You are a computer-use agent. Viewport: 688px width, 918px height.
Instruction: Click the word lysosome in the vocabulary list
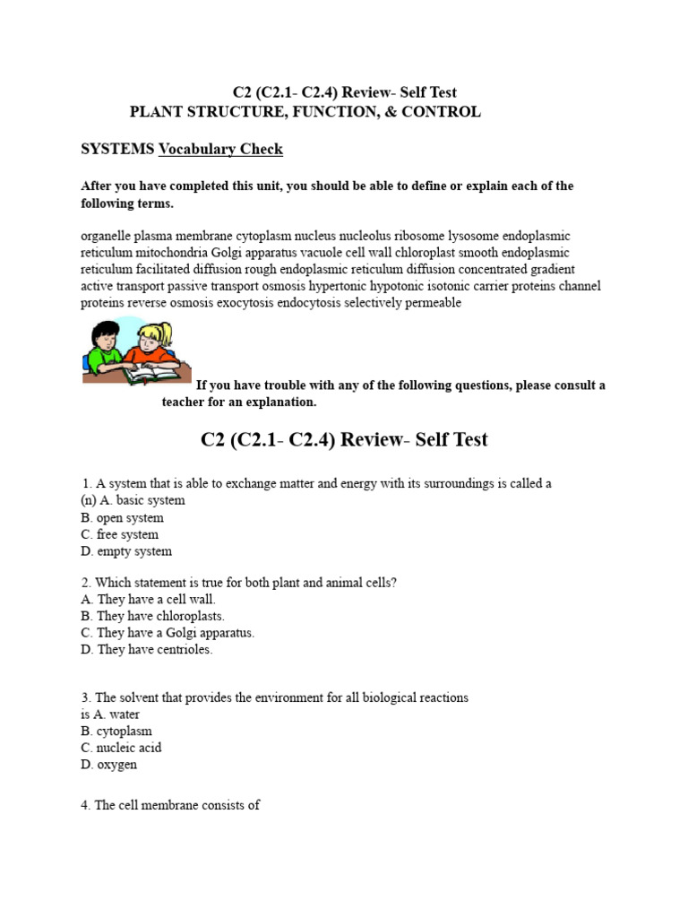(x=472, y=236)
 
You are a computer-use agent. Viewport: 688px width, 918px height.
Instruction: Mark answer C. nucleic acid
(x=121, y=748)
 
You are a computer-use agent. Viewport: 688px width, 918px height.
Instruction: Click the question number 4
(x=84, y=805)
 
